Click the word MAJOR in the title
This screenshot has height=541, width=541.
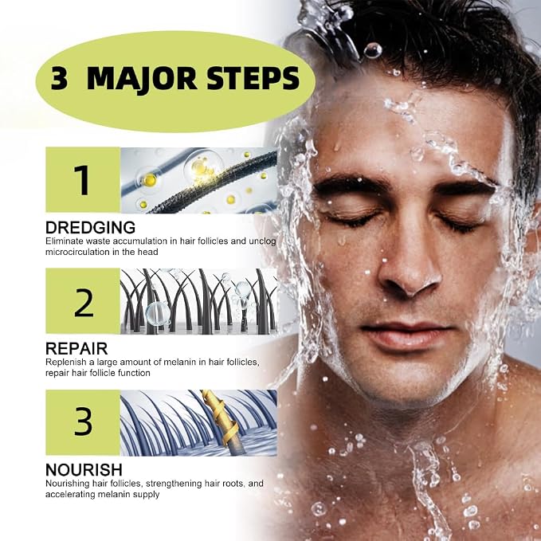click(x=142, y=80)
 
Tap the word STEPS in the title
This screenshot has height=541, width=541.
click(x=253, y=79)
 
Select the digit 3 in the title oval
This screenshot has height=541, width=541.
click(x=59, y=79)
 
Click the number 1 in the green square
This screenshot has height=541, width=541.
click(x=82, y=180)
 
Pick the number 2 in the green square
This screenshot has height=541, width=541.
click(x=84, y=302)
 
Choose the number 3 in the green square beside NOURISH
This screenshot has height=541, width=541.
click(x=83, y=421)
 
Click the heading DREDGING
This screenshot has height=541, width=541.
click(x=90, y=228)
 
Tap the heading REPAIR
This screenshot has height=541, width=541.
click(x=76, y=348)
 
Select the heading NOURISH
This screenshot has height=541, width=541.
click(x=84, y=469)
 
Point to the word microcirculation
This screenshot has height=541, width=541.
click(x=76, y=252)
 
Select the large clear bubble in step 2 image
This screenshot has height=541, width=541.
click(x=158, y=314)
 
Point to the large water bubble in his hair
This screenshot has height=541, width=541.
click(x=373, y=51)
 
